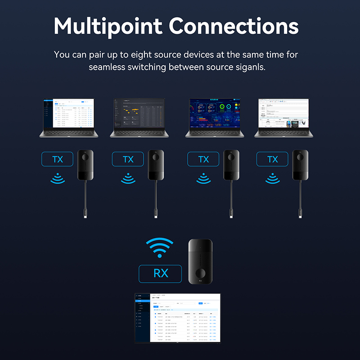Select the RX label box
click(x=160, y=273)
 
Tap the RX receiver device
click(x=201, y=261)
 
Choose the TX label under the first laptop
click(x=58, y=159)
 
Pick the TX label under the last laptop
click(x=273, y=159)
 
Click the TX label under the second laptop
click(x=128, y=159)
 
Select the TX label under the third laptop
click(x=203, y=159)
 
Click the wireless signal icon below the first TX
click(x=57, y=179)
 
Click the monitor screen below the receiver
click(x=177, y=317)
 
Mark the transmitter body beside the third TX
click(x=228, y=165)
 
